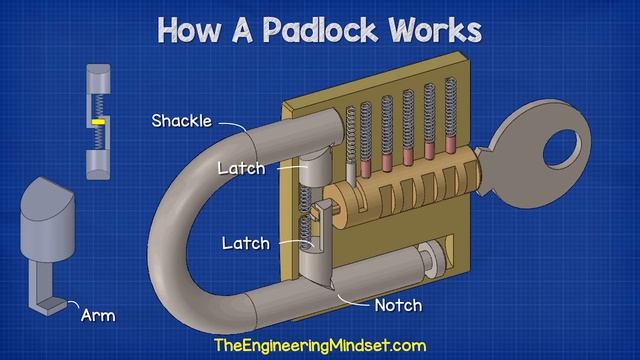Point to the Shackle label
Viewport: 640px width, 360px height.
click(x=181, y=122)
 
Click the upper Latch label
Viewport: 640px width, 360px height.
click(x=241, y=169)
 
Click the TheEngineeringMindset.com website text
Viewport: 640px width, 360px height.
click(x=319, y=345)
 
